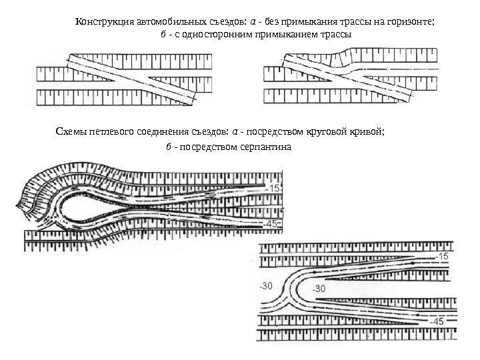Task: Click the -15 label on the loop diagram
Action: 275,189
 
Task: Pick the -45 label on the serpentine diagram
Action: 437,321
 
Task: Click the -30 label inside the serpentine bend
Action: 318,289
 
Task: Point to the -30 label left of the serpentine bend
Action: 267,287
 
